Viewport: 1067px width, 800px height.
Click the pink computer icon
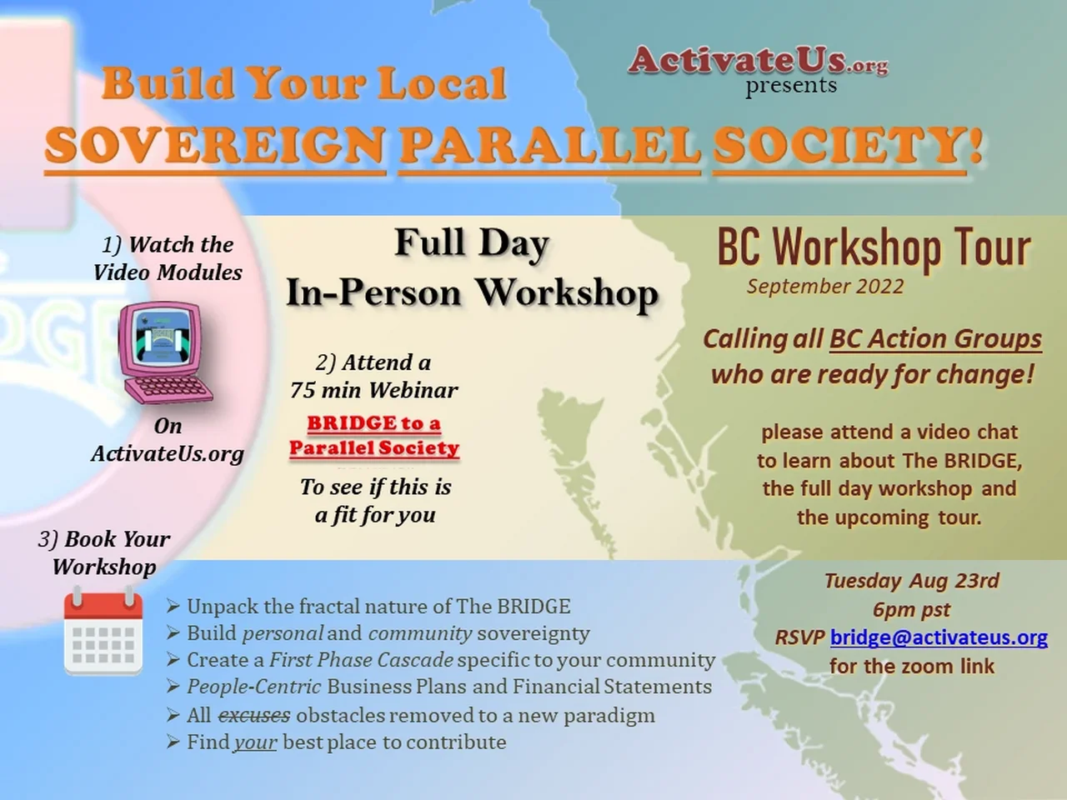(165, 352)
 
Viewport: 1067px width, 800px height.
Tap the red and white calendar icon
(103, 630)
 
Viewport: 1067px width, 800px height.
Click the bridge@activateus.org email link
(939, 637)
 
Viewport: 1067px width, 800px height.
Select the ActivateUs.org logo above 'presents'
(758, 61)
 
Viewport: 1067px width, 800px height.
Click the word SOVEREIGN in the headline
(215, 146)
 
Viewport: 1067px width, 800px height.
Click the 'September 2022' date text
(825, 286)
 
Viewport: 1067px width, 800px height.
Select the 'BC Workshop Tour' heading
(874, 248)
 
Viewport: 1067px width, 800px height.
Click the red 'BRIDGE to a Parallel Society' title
(374, 436)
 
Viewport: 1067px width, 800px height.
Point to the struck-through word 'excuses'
(254, 716)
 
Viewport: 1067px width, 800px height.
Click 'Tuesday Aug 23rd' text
(911, 581)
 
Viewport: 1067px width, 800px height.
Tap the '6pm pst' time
(911, 609)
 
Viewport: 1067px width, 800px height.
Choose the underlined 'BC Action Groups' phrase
(936, 338)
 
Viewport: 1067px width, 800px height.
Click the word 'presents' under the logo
(791, 86)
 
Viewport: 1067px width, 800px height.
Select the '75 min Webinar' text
(374, 389)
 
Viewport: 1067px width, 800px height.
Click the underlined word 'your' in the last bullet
(256, 742)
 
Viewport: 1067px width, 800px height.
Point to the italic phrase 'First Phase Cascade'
(361, 660)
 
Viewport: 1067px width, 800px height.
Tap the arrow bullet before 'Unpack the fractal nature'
(173, 606)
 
